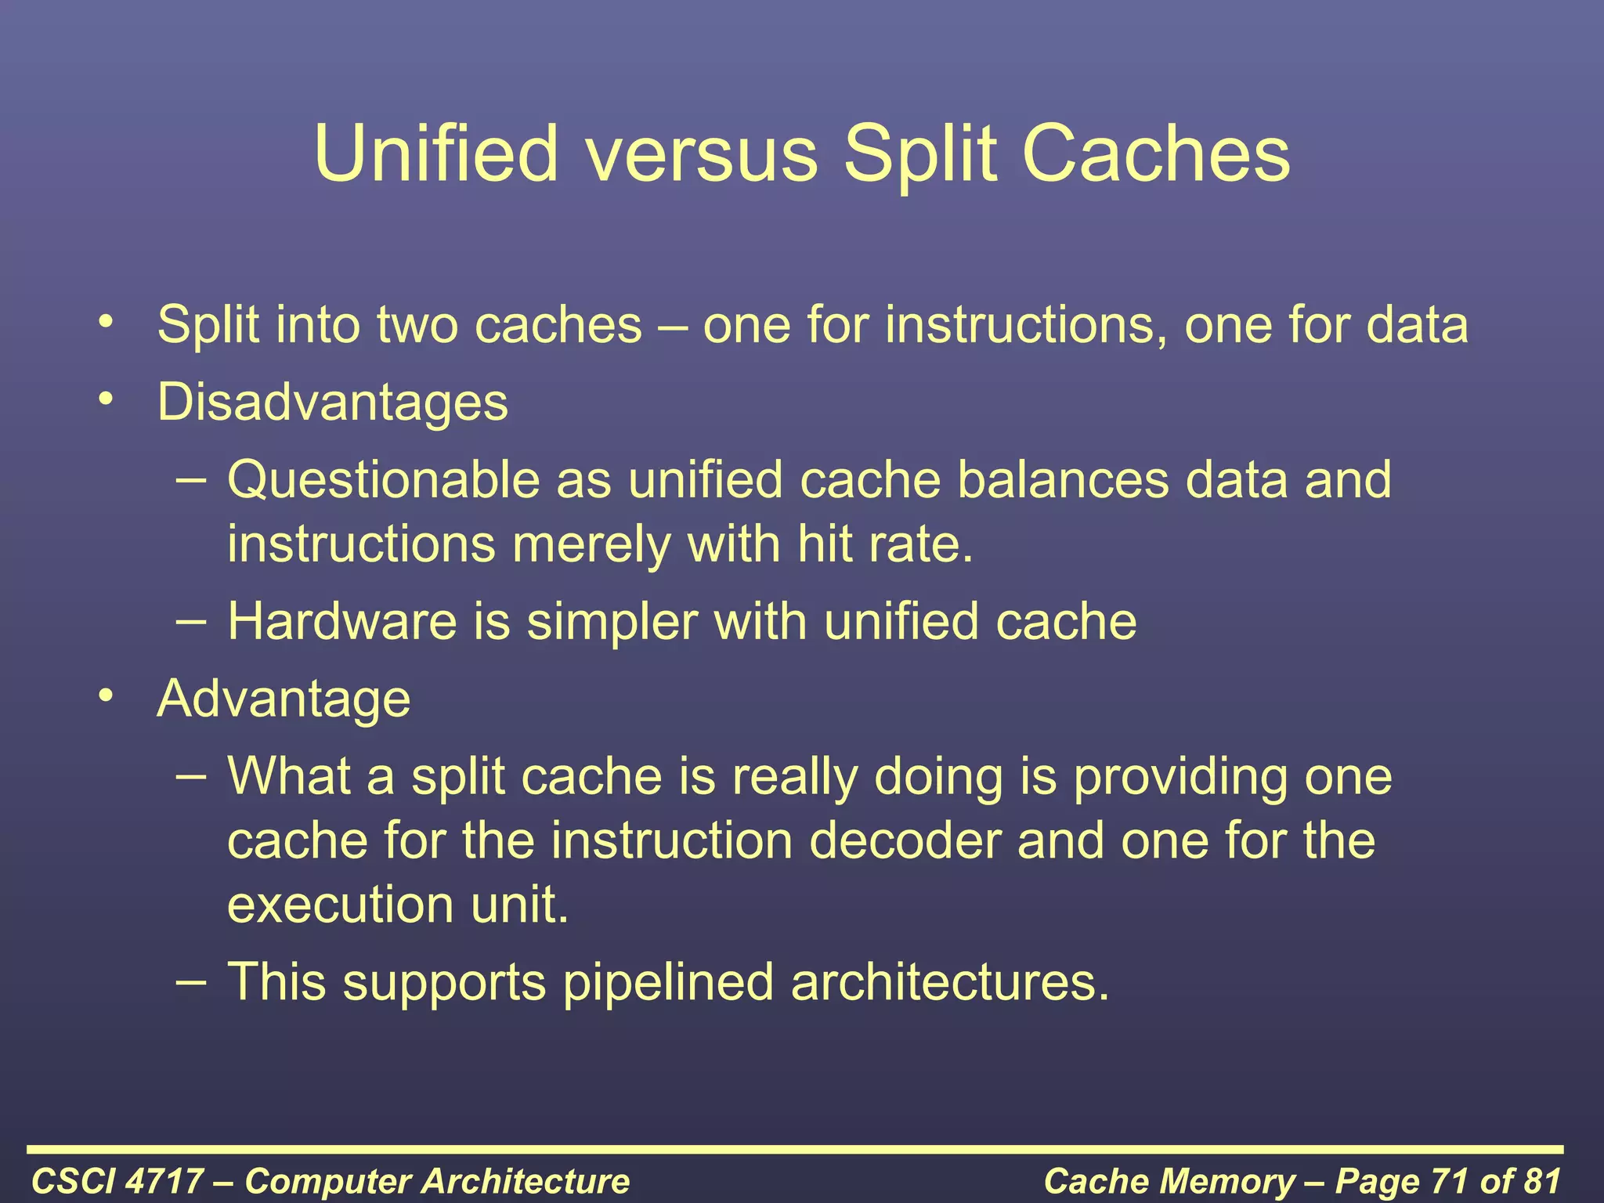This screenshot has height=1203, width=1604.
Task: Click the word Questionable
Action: point(384,479)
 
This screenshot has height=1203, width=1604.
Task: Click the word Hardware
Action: point(342,622)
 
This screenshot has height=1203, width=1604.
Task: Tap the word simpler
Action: point(612,622)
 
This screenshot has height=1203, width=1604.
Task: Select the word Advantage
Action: point(284,699)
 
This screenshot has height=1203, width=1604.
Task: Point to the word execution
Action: point(341,905)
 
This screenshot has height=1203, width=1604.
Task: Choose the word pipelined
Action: point(668,982)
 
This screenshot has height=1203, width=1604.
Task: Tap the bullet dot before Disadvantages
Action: point(107,399)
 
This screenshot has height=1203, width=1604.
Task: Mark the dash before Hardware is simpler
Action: point(192,622)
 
